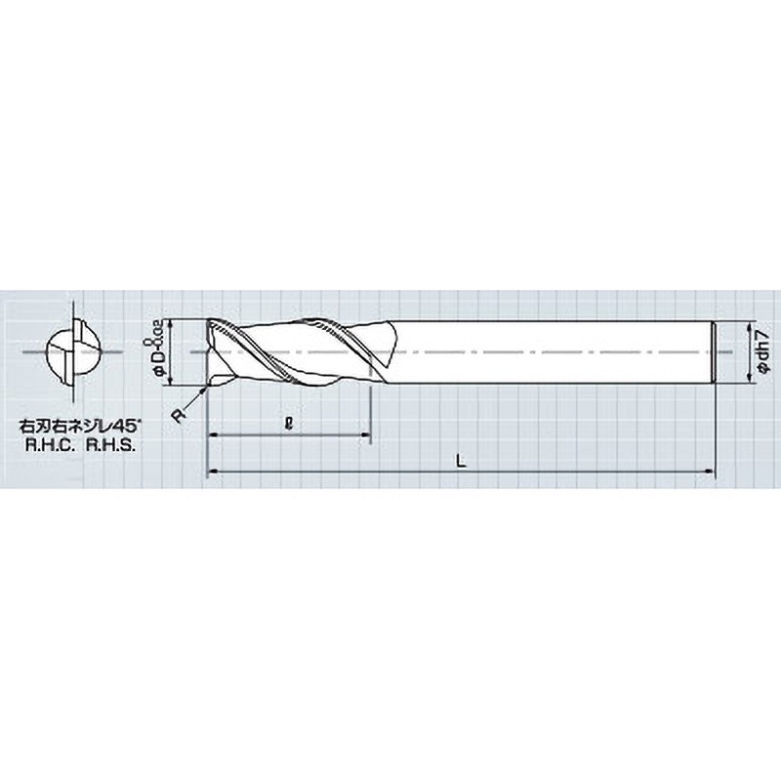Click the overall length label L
(x=460, y=464)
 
